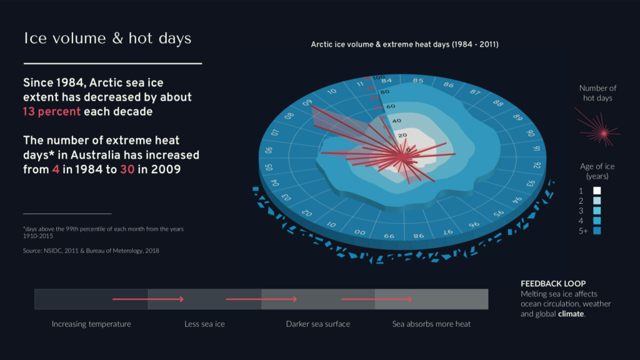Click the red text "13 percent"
[x=52, y=112]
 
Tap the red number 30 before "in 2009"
[x=127, y=169]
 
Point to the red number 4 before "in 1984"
[x=56, y=169]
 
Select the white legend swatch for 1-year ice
[x=597, y=191]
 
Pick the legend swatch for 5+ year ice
[x=597, y=231]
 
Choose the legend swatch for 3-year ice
[x=597, y=211]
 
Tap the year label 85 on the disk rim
[x=418, y=81]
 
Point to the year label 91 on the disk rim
[x=537, y=149]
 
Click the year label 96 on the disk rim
[x=474, y=225]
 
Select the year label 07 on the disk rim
[x=275, y=132]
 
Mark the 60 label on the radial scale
[x=391, y=106]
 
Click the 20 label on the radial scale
[x=402, y=135]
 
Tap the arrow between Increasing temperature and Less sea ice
[x=147, y=299]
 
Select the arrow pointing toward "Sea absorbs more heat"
[x=376, y=299]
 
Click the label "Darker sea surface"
[x=318, y=324]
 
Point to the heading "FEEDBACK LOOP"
[x=553, y=283]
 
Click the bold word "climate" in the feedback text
[x=571, y=314]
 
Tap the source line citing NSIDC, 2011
[x=91, y=251]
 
